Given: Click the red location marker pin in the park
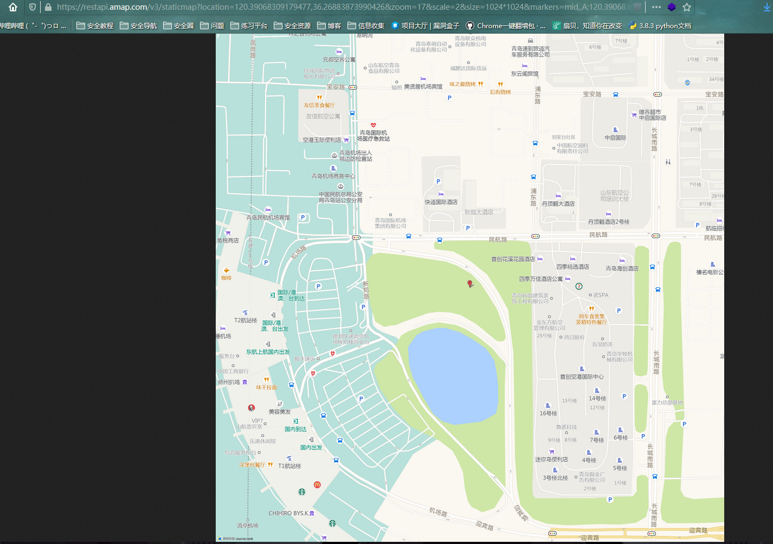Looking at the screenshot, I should (470, 284).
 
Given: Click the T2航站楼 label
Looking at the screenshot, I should (246, 320).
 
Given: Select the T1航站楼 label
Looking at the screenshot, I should (289, 466).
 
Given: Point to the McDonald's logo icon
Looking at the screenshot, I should (317, 484).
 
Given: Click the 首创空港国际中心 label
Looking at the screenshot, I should (582, 377).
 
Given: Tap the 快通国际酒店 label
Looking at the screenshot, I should (441, 202).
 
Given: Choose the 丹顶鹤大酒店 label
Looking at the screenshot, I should (558, 204).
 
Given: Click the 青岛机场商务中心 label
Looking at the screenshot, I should (333, 176).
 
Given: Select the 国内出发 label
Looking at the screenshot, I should (311, 448).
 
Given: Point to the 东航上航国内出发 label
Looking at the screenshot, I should (268, 352).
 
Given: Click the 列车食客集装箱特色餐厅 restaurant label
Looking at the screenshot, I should (591, 319).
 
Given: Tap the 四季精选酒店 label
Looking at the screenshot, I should (572, 267).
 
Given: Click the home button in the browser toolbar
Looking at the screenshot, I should (13, 7).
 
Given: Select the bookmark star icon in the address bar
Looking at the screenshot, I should (687, 7).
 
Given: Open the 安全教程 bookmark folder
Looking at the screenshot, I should (95, 25).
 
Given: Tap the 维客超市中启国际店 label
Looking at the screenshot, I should (652, 115).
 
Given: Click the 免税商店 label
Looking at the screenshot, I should (228, 240).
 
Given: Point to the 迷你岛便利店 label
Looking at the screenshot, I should (551, 459).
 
